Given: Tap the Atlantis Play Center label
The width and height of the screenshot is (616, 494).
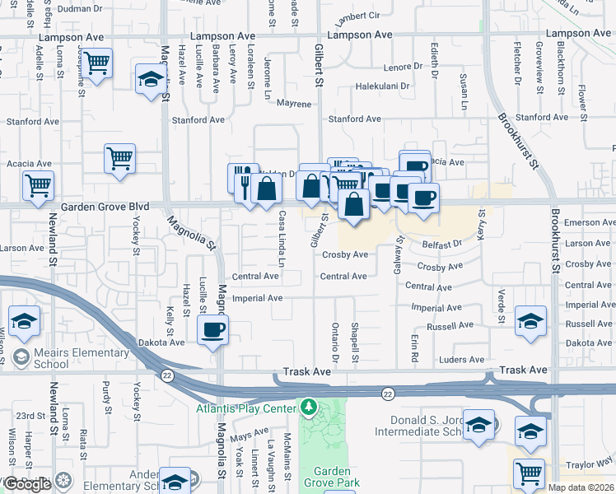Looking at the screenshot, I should (245, 409).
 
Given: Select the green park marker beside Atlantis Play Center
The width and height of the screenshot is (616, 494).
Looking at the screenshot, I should (309, 408).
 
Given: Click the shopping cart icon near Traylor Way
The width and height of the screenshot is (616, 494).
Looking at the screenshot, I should (528, 473).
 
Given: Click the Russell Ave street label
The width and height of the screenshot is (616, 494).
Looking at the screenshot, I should (450, 325).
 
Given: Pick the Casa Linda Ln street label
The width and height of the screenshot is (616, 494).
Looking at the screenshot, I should (282, 240).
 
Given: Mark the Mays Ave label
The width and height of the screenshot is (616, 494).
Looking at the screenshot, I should (249, 434).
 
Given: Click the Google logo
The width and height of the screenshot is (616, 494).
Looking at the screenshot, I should (27, 484).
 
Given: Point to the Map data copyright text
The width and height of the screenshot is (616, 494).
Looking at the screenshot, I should (580, 487).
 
